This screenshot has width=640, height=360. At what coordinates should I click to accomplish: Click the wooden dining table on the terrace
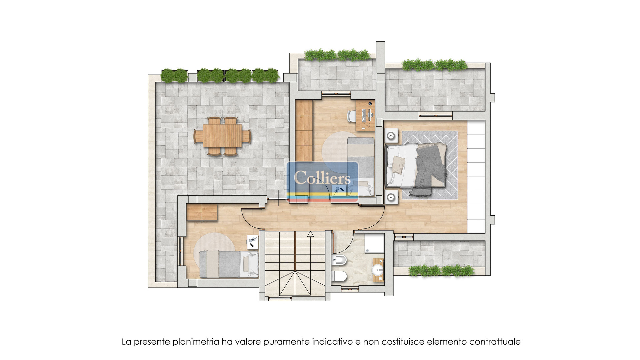coord(222,136)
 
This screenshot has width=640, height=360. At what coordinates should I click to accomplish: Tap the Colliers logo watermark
coord(322,182)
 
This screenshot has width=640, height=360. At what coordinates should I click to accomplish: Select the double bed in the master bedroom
coord(416,166)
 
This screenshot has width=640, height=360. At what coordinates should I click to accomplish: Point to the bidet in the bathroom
coord(339,260)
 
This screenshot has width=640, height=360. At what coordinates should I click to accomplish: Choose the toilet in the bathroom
coord(340,276)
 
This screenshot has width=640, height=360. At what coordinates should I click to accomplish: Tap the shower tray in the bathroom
coord(375,243)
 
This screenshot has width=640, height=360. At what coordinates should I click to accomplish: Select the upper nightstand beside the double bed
coord(391,136)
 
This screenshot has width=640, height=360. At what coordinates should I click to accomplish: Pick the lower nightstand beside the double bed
coord(391,197)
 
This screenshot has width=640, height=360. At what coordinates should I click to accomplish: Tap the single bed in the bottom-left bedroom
coord(229,264)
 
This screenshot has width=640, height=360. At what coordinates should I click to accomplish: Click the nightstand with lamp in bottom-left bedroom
coord(253,242)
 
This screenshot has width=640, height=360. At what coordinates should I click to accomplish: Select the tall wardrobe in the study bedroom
coord(304,131)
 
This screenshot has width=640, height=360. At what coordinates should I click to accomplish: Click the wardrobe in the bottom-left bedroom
coord(202,212)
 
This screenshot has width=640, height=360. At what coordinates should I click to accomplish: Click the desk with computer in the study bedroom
coord(365,115)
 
